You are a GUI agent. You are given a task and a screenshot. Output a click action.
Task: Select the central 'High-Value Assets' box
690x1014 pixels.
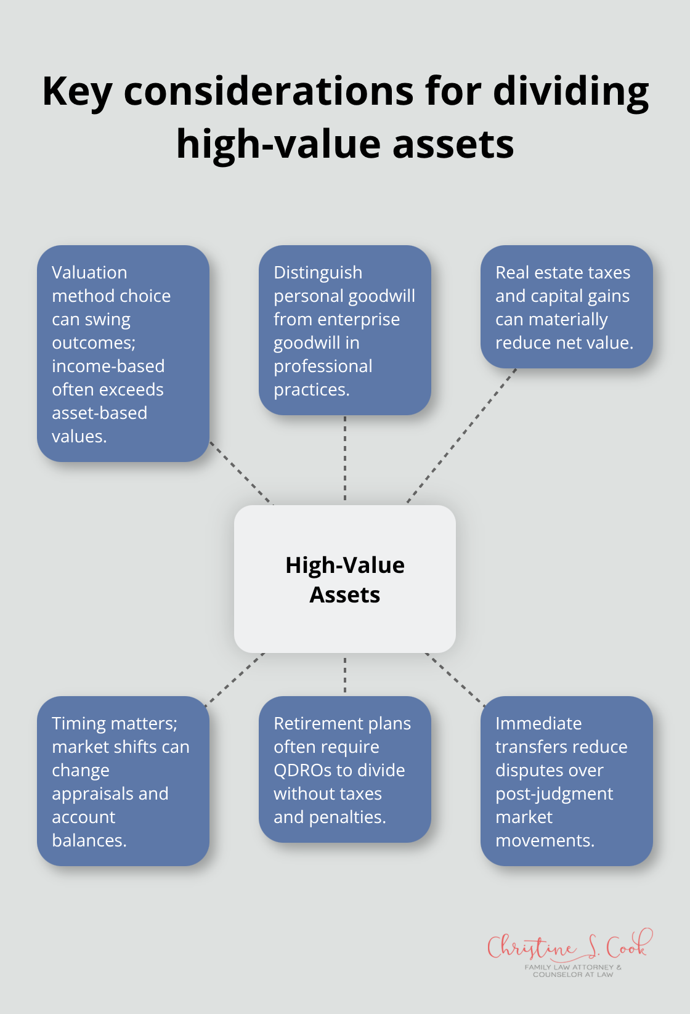point(345,579)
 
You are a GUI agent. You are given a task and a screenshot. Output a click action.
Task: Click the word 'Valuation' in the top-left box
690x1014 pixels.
point(89,272)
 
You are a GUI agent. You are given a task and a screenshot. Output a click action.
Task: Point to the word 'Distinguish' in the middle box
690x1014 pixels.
point(318,272)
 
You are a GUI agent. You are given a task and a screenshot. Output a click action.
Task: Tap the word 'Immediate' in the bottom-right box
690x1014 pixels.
point(538,723)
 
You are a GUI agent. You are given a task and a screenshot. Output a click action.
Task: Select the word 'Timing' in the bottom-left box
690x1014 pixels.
point(77,723)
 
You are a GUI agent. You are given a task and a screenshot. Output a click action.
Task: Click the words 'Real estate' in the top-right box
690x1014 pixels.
point(531,272)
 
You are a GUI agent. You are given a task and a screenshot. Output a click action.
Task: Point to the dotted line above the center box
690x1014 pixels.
point(345,459)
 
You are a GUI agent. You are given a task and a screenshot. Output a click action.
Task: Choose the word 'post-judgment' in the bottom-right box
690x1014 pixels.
point(554,793)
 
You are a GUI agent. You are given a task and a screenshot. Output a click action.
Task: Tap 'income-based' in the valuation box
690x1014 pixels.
point(108,366)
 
